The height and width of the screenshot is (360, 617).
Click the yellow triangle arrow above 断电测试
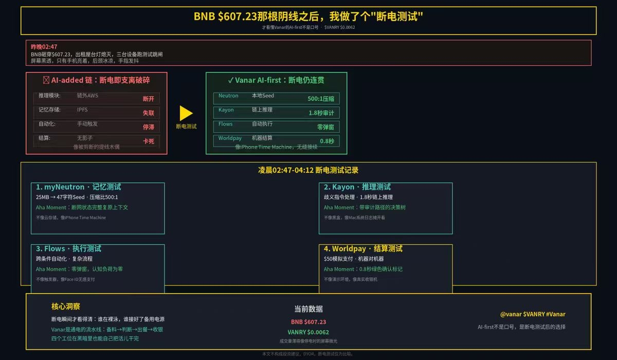click(x=186, y=113)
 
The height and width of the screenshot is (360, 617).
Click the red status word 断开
click(x=149, y=99)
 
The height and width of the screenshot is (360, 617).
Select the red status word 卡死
click(x=149, y=141)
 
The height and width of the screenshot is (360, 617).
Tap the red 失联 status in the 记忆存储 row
click(x=149, y=113)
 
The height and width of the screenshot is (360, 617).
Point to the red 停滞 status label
click(x=149, y=127)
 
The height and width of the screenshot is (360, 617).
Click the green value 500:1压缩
click(x=321, y=99)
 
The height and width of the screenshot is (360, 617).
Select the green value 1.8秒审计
click(x=321, y=113)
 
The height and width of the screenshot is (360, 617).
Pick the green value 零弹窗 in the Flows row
click(x=325, y=127)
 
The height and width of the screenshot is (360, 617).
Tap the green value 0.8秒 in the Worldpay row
click(x=327, y=141)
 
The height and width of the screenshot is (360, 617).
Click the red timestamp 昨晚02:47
click(x=44, y=47)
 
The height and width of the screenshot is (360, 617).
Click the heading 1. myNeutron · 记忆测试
click(x=78, y=187)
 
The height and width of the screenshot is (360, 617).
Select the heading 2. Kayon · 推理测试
click(x=357, y=187)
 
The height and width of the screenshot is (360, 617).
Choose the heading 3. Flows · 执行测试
click(x=68, y=249)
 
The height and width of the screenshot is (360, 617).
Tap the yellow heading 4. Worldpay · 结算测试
click(x=363, y=249)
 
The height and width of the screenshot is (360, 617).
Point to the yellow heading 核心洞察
click(x=66, y=307)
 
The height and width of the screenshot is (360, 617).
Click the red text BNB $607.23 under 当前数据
click(x=308, y=322)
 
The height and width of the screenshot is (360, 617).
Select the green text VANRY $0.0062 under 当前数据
click(x=308, y=332)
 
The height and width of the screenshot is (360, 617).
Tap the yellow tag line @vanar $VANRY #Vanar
click(x=533, y=314)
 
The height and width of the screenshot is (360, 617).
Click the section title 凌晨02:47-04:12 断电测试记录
click(x=308, y=170)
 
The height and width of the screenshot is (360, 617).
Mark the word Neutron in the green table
click(x=228, y=96)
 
